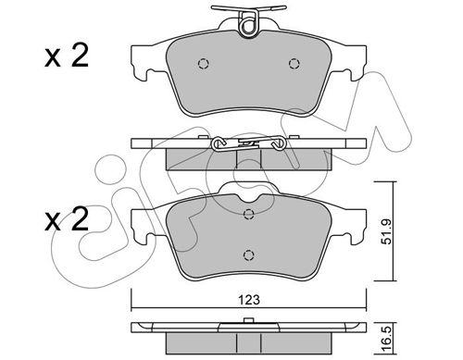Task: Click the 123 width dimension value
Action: click(x=249, y=300)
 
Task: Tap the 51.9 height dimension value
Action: click(x=386, y=231)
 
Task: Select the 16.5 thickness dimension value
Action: click(x=386, y=337)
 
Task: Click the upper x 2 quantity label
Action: click(x=67, y=56)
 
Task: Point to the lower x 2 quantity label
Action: click(x=67, y=219)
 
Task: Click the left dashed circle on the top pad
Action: click(x=203, y=64)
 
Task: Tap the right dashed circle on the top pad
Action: click(x=294, y=64)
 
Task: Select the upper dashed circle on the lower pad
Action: click(x=249, y=214)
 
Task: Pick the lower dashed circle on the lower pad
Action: click(x=249, y=255)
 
